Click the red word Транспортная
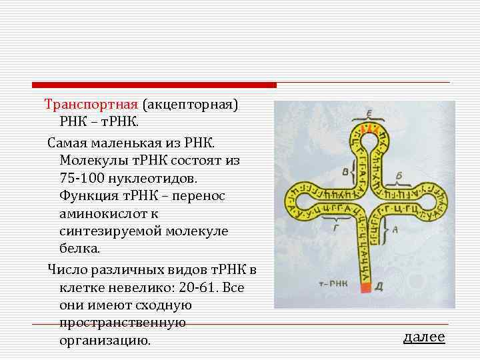91,105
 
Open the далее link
424,337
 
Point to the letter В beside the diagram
345,172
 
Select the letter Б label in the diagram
398,175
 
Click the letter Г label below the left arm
335,227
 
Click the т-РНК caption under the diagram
331,283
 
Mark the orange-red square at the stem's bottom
365,288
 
